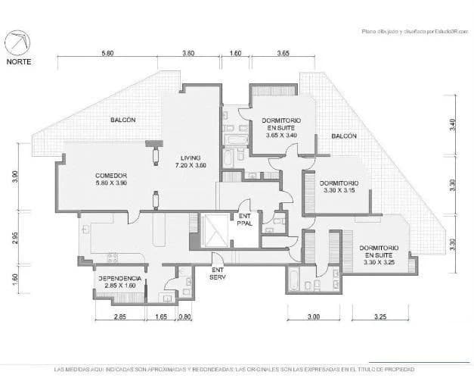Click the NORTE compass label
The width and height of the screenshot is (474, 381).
(19, 61)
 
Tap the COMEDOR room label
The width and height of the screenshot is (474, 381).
(111, 179)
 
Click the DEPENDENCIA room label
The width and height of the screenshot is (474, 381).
(120, 281)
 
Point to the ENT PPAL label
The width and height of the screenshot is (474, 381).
(244, 219)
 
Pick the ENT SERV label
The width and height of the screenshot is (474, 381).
(218, 273)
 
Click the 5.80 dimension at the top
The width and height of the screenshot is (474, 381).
(107, 54)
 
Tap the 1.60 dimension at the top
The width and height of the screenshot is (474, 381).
(235, 54)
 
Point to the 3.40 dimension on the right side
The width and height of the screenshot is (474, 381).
(452, 126)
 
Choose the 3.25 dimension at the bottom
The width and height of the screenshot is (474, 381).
(380, 317)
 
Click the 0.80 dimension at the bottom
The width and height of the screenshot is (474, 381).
(185, 317)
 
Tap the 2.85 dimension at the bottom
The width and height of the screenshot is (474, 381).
(120, 317)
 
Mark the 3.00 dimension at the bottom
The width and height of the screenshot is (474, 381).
(314, 317)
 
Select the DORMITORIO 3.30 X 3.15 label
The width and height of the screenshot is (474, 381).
(339, 186)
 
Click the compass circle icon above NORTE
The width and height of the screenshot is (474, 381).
(19, 42)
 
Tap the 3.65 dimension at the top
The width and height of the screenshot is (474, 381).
(283, 54)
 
